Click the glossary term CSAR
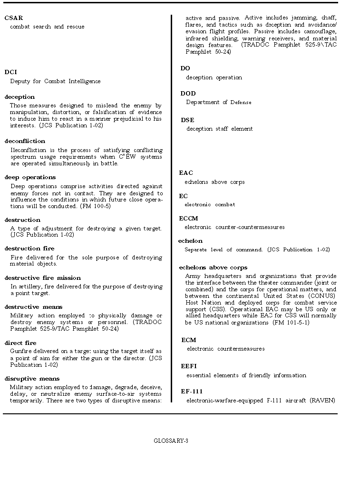[14, 18]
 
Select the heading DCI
[11, 72]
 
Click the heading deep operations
[30, 177]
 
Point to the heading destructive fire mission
[43, 278]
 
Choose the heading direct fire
[20, 343]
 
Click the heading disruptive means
[32, 379]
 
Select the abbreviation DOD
[188, 94]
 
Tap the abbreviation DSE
[187, 120]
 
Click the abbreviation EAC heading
[186, 173]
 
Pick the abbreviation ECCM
[188, 219]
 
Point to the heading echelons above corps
[213, 267]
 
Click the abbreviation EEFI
[189, 366]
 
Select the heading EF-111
[192, 391]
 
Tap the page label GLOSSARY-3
[171, 441]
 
